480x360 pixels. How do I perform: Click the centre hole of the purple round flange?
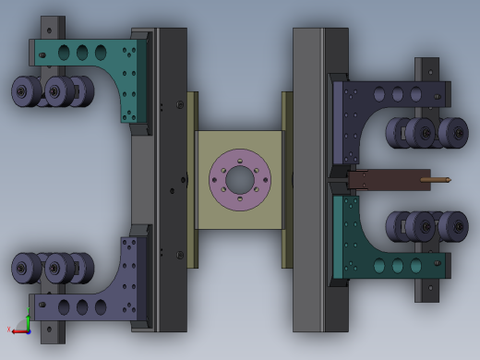pyautogui.click(x=240, y=180)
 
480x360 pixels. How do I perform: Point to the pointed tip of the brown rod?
pyautogui.click(x=448, y=180)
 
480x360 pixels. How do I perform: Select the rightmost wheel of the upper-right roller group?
pyautogui.click(x=453, y=133)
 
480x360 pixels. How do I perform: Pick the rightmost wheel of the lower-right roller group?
pyautogui.click(x=453, y=226)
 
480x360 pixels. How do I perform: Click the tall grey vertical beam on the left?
pyautogui.click(x=171, y=180)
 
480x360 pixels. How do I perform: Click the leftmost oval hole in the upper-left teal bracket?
pyautogui.click(x=63, y=53)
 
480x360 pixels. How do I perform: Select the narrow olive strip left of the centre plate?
pyautogui.click(x=192, y=180)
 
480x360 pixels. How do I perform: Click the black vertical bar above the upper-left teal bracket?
pyautogui.click(x=51, y=26)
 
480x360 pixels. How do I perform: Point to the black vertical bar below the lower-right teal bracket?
pyautogui.click(x=427, y=291)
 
